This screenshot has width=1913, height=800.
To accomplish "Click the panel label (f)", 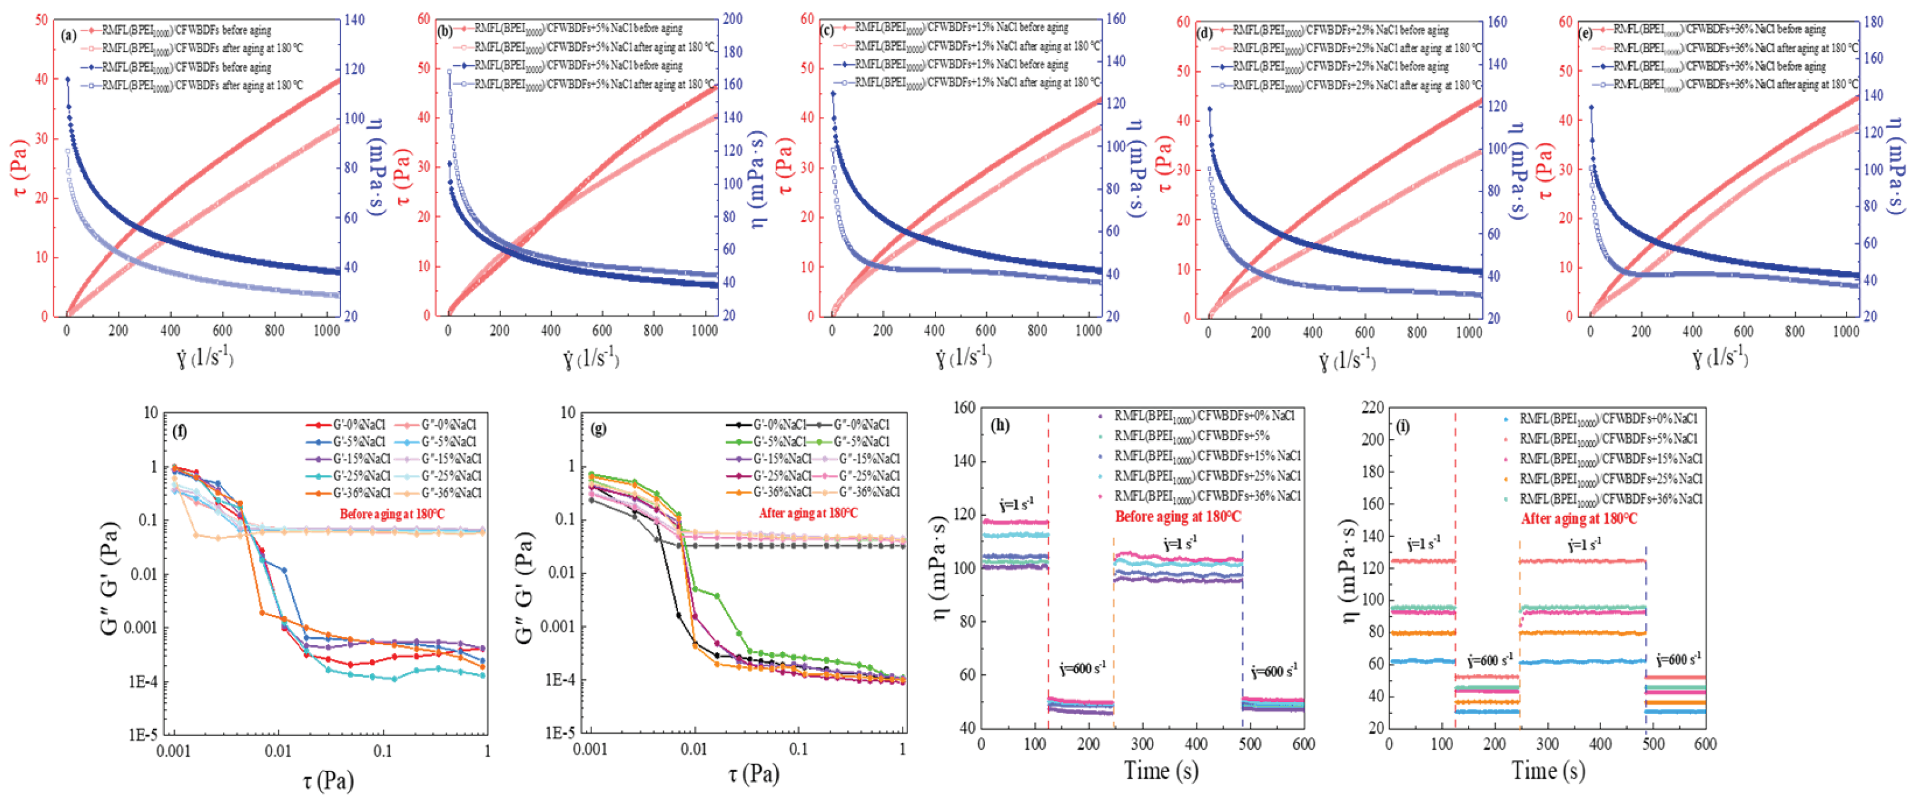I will [179, 430].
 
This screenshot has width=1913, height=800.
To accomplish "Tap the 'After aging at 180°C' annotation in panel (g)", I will [807, 513].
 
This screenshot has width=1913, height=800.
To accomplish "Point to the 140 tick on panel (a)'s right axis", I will [355, 20].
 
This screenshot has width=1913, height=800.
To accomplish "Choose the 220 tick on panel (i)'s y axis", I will [1372, 407].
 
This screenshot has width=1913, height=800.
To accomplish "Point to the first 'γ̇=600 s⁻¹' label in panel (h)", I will [1082, 669].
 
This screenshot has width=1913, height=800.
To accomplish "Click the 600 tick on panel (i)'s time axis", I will [1705, 744].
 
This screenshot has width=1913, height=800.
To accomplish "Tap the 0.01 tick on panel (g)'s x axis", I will [694, 749].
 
